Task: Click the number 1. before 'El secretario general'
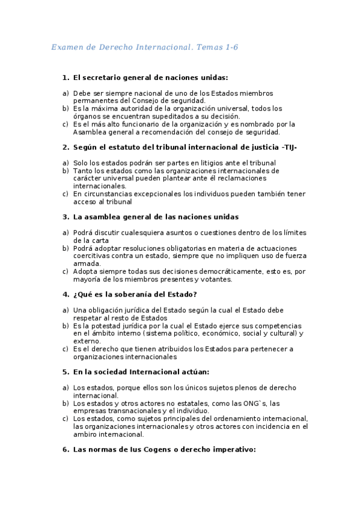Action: tap(66, 78)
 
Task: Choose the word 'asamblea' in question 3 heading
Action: tap(99, 217)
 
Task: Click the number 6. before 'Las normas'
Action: tap(66, 449)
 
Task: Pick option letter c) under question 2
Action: tap(65, 194)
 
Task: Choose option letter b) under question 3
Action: tap(65, 248)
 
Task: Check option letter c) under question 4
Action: tap(65, 349)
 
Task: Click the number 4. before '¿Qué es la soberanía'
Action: tap(66, 294)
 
